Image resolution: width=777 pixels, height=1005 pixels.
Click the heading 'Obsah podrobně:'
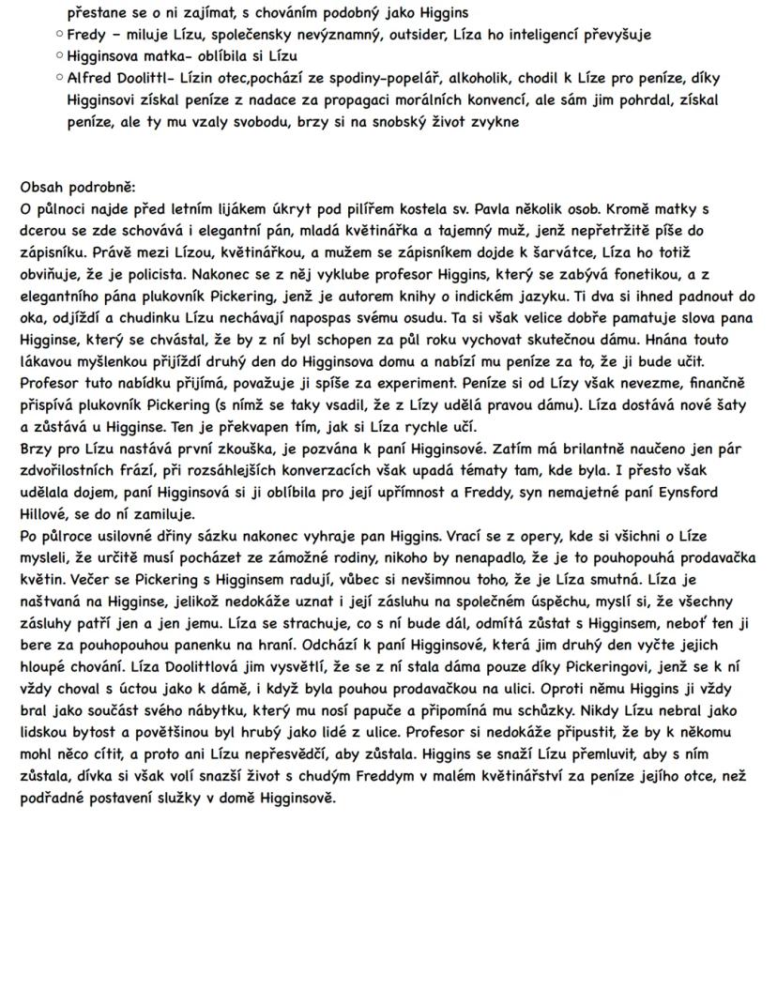pos(78,188)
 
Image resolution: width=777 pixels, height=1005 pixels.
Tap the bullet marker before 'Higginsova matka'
pos(59,56)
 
